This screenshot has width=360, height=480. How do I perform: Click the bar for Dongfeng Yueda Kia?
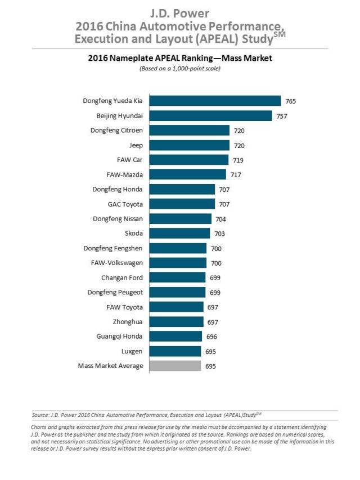tap(216, 101)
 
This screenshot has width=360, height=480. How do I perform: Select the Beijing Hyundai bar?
tap(211, 116)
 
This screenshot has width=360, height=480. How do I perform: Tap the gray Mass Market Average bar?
tap(176, 366)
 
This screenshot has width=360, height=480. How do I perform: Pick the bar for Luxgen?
tap(176, 351)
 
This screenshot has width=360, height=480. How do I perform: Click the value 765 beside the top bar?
tap(290, 101)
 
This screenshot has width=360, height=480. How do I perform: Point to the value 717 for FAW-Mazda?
tap(235, 175)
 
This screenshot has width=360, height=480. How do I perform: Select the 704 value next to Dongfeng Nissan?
tap(220, 219)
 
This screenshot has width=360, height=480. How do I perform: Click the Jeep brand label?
tap(136, 145)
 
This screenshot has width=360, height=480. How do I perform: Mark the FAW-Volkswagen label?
tap(116, 263)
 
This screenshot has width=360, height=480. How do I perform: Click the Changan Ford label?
tap(122, 277)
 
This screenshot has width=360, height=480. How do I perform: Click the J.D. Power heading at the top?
tap(180, 12)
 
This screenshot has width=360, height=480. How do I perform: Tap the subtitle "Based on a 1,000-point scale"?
tap(180, 69)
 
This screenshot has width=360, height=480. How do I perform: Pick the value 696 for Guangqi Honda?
tap(211, 337)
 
